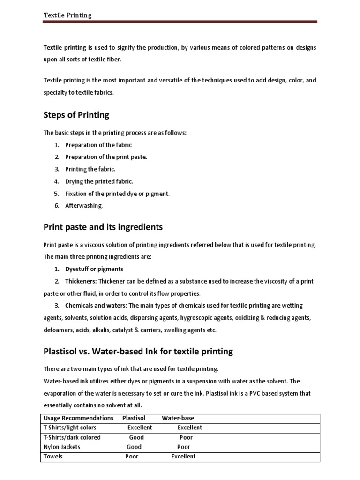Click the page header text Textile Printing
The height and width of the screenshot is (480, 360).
coord(67,15)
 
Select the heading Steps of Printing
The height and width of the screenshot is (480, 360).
coord(76,115)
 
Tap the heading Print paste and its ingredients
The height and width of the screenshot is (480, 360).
coord(103,227)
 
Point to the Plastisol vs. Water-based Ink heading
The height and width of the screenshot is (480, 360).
coord(138,351)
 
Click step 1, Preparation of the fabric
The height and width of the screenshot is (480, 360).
coord(98,145)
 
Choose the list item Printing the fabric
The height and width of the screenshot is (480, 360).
coord(90,169)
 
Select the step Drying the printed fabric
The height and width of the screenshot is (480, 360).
coord(99,181)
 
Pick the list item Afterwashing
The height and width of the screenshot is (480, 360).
coord(84,205)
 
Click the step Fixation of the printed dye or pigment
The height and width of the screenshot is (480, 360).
coord(117,194)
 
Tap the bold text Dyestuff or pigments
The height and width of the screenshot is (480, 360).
coord(94,269)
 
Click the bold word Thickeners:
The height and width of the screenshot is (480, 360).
coord(81,281)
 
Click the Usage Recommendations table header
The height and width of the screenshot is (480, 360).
coord(78,418)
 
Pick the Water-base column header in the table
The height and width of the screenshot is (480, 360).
coord(178,418)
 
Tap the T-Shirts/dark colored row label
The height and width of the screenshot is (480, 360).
coord(72,437)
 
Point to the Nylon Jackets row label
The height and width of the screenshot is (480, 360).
coord(62,447)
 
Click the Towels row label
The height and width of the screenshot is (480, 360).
coord(54,457)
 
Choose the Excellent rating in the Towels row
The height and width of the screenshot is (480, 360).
coord(183,457)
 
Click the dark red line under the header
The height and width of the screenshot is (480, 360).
coord(180,22)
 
